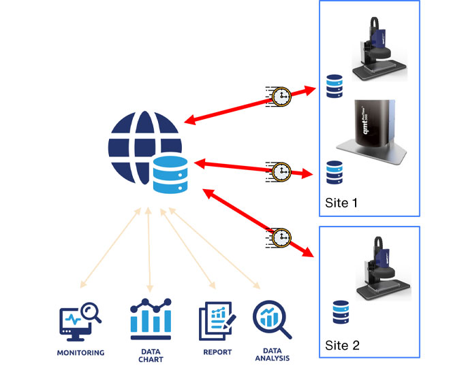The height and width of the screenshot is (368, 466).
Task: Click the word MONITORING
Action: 81,353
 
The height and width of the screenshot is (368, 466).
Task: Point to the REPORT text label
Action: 217,352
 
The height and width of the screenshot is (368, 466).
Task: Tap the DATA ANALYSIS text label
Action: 272,355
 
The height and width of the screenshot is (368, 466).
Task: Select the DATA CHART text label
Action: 149,355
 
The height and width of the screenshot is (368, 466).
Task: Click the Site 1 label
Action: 342,203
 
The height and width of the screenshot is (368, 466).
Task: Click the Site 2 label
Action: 342,345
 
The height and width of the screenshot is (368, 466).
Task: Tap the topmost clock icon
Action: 279,97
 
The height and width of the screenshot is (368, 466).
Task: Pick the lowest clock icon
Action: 279,237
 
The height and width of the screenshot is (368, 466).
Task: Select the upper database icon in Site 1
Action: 334,86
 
